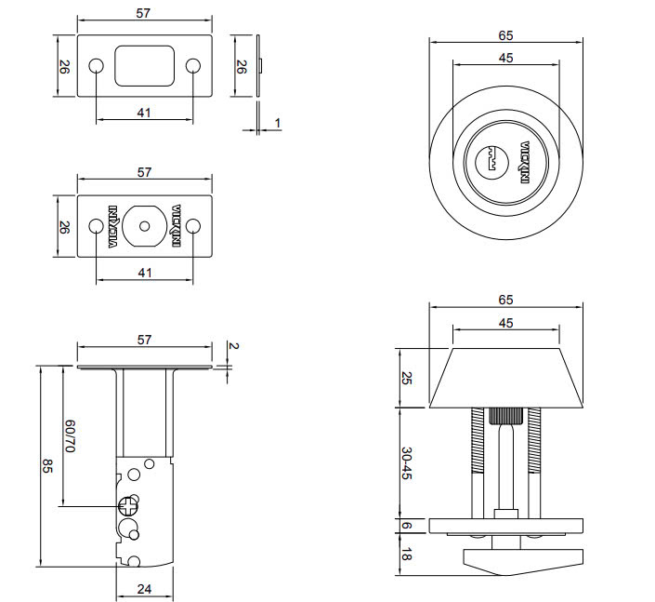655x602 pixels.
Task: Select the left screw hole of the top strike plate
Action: pyautogui.click(x=96, y=66)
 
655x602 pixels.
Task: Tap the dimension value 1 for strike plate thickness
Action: pyautogui.click(x=277, y=123)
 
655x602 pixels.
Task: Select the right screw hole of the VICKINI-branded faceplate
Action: pyautogui.click(x=193, y=226)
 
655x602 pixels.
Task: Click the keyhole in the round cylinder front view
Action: pyautogui.click(x=491, y=161)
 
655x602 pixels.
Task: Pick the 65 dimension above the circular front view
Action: pyautogui.click(x=505, y=35)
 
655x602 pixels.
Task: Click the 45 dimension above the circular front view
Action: pyautogui.click(x=505, y=58)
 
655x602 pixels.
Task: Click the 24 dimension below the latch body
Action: pyautogui.click(x=144, y=588)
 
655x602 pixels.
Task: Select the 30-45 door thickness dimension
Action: pyautogui.click(x=407, y=462)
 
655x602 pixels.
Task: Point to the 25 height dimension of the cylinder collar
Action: pyautogui.click(x=407, y=378)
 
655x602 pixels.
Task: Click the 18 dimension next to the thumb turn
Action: pyautogui.click(x=407, y=556)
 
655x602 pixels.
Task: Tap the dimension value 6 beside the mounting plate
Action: pyautogui.click(x=407, y=526)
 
